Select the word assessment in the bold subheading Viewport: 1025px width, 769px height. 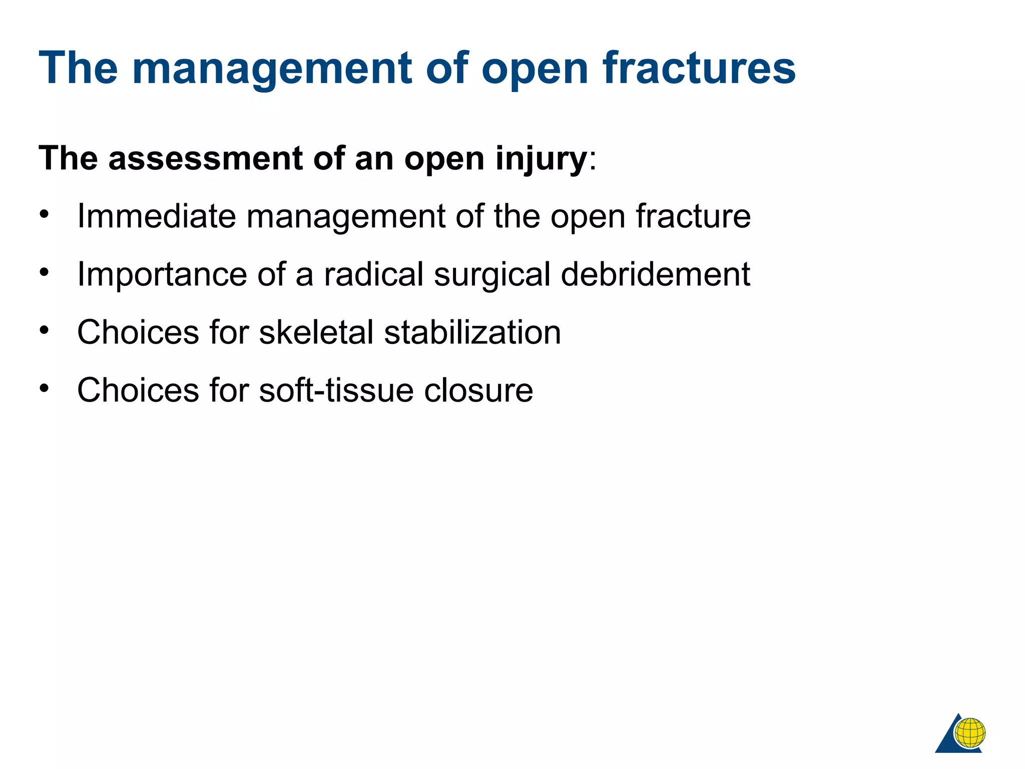205,158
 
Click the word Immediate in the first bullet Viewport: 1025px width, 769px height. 156,216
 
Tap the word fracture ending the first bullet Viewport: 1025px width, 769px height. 693,216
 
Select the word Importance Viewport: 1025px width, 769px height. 162,274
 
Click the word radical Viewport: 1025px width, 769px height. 373,274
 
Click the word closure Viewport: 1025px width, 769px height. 478,391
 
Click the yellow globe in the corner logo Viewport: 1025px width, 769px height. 970,732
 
